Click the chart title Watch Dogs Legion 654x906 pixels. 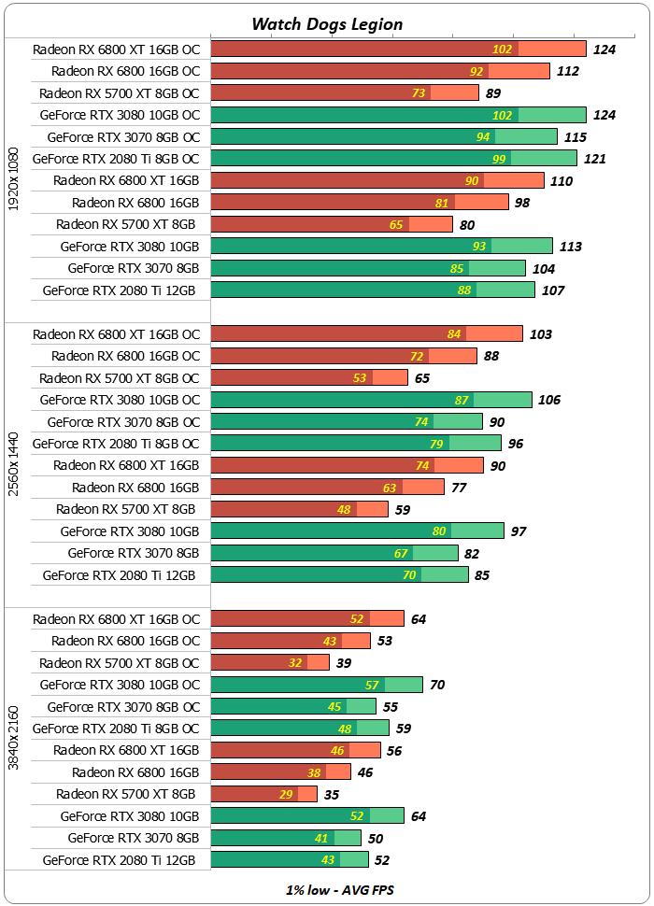click(x=327, y=24)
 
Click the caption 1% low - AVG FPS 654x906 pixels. click(x=339, y=890)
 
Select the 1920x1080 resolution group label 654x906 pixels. click(x=14, y=179)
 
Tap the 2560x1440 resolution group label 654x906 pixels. click(x=14, y=464)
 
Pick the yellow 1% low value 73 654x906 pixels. click(x=419, y=92)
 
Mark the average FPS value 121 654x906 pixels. click(x=595, y=159)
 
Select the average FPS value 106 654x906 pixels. click(x=549, y=400)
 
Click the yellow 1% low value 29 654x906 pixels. click(x=286, y=794)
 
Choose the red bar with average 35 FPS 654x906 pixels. click(x=265, y=794)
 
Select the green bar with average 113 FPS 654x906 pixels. click(x=381, y=246)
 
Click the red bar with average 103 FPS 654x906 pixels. click(x=366, y=333)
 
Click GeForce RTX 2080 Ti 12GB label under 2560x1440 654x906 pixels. click(x=120, y=575)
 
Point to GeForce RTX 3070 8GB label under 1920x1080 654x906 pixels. click(x=133, y=268)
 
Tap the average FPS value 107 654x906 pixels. click(x=553, y=290)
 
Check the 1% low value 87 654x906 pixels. click(x=462, y=400)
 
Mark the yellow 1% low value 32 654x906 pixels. click(x=295, y=662)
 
